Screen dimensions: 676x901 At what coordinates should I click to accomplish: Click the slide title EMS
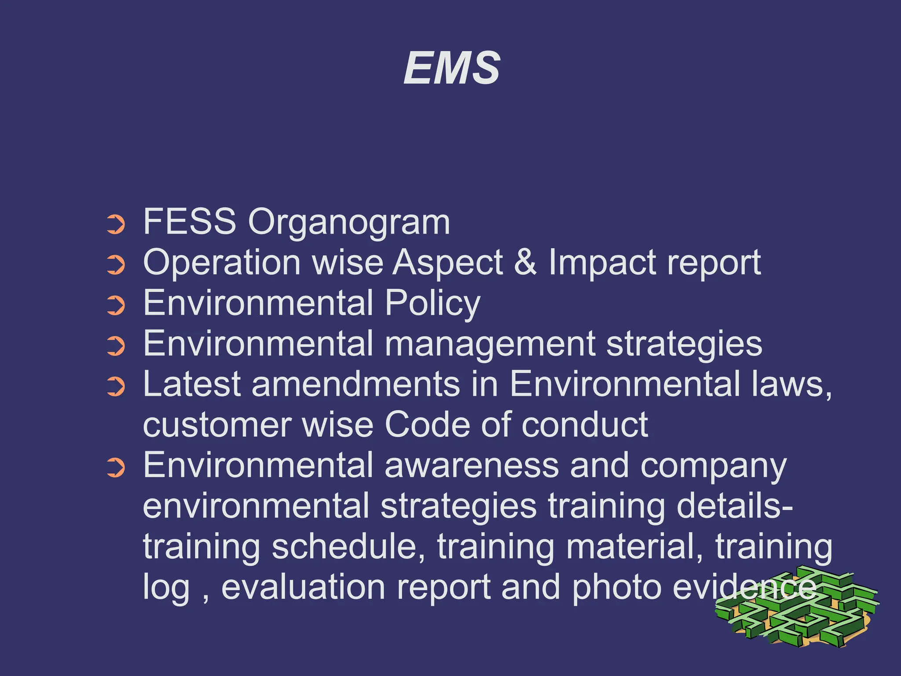(x=452, y=68)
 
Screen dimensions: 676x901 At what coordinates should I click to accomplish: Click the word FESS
(x=190, y=221)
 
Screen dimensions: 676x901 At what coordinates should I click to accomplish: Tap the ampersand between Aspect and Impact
(x=525, y=262)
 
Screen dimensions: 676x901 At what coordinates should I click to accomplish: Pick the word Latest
(x=192, y=384)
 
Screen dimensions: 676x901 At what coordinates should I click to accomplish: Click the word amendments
(x=355, y=384)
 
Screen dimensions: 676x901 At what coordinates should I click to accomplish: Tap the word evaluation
(x=303, y=587)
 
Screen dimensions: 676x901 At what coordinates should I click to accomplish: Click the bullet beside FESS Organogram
(x=116, y=224)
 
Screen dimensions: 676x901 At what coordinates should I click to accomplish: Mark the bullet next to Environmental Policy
(x=116, y=305)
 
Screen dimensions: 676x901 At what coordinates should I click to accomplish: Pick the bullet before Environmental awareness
(x=116, y=468)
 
